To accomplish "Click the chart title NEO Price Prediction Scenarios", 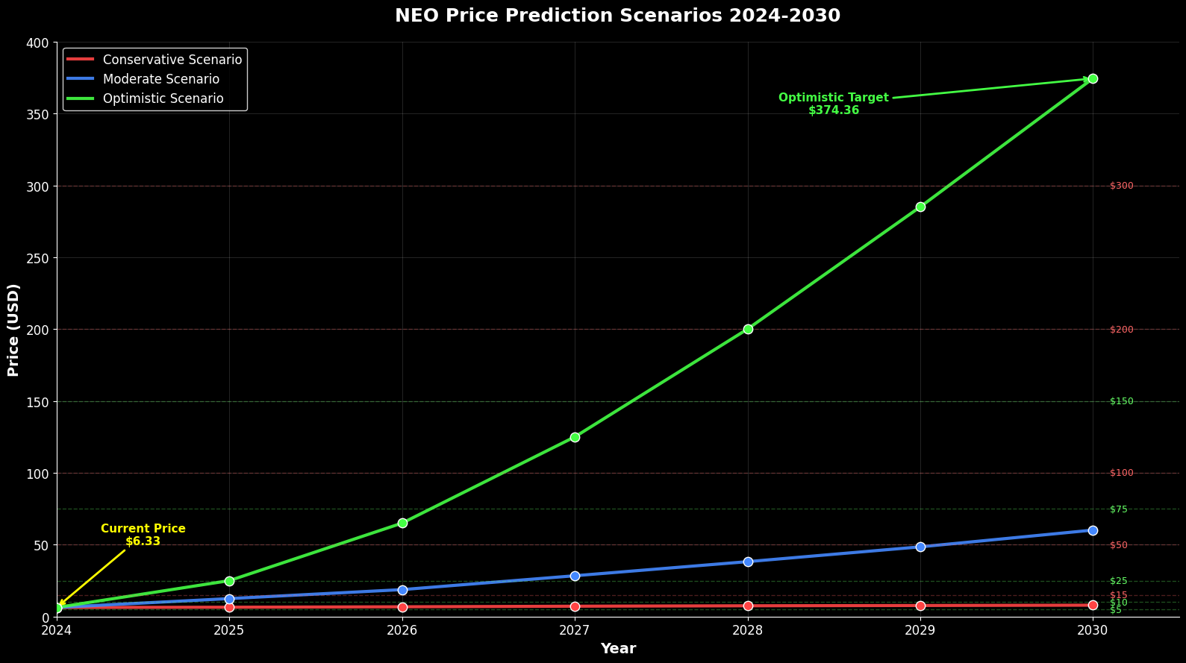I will [x=617, y=16].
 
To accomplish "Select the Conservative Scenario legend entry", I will [x=172, y=60].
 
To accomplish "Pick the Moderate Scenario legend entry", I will [x=160, y=79].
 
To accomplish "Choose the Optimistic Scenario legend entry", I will [x=163, y=98].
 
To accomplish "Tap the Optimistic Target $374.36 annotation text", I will [x=834, y=104].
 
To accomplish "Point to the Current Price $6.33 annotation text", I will [x=143, y=535].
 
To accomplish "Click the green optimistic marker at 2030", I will [x=1093, y=78].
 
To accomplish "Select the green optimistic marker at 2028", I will [x=748, y=329].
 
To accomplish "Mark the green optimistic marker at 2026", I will [x=402, y=523].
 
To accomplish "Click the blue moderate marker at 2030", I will [x=1093, y=530].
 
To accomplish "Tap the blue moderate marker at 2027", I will [x=575, y=576].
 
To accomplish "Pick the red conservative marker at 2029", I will [x=920, y=606].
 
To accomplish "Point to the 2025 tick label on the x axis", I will [x=229, y=631].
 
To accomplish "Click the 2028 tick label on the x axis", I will [x=748, y=631].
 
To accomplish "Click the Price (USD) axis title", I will [x=13, y=330].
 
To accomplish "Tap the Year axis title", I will [x=618, y=649].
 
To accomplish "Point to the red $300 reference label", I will [x=1121, y=186].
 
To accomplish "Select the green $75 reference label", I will [x=1119, y=509].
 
